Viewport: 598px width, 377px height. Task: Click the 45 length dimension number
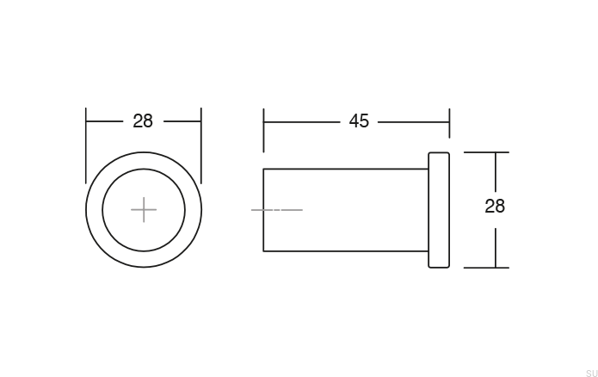(359, 121)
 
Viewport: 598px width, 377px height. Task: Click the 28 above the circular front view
(143, 121)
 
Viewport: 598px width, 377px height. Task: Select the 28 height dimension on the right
(495, 207)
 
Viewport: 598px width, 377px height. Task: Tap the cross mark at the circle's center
(144, 209)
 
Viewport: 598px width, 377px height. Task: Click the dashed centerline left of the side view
(276, 210)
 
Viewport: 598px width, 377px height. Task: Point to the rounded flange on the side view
(439, 210)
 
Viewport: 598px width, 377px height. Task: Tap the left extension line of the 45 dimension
(264, 129)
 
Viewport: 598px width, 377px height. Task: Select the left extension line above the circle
(86, 138)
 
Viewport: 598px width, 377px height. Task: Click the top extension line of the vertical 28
(486, 152)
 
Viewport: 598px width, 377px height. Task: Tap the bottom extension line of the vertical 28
(486, 267)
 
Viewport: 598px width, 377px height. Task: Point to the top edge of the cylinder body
(344, 169)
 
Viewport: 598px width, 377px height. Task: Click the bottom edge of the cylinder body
(344, 251)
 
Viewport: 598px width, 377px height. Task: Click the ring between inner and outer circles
(94, 209)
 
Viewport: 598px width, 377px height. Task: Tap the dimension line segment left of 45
(301, 121)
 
